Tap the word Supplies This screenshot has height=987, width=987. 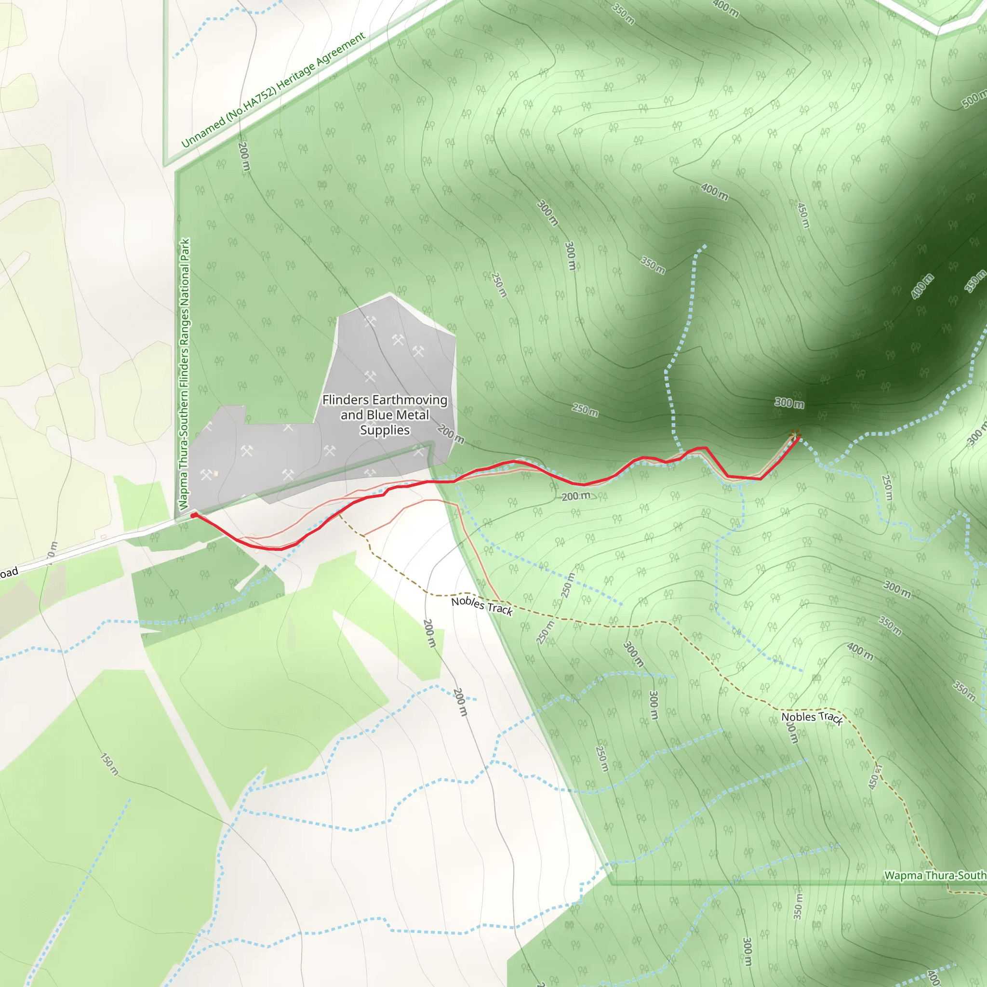(x=385, y=430)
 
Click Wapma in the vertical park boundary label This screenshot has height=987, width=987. (x=184, y=495)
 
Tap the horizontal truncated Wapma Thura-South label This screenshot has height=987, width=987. (x=934, y=875)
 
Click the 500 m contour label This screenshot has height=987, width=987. (x=974, y=99)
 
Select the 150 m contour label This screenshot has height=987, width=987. (x=109, y=764)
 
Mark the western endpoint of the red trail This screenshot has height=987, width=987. (x=193, y=516)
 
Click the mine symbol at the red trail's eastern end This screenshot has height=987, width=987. (x=794, y=434)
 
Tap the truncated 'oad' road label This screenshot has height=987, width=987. (x=9, y=573)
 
